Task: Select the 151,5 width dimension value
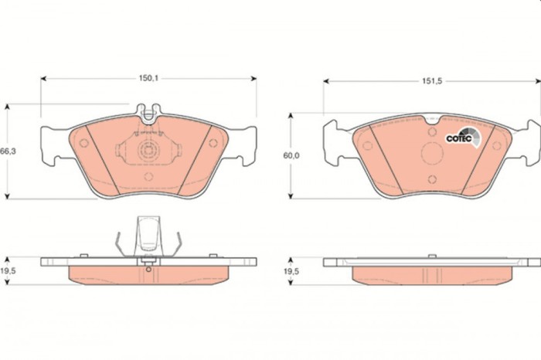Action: [432, 81]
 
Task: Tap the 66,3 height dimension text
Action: [9, 151]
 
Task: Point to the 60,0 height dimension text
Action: [291, 155]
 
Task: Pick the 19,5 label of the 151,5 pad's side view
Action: [291, 272]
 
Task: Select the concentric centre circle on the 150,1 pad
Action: [147, 151]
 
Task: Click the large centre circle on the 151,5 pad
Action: [432, 151]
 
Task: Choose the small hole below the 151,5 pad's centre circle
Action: [432, 179]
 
